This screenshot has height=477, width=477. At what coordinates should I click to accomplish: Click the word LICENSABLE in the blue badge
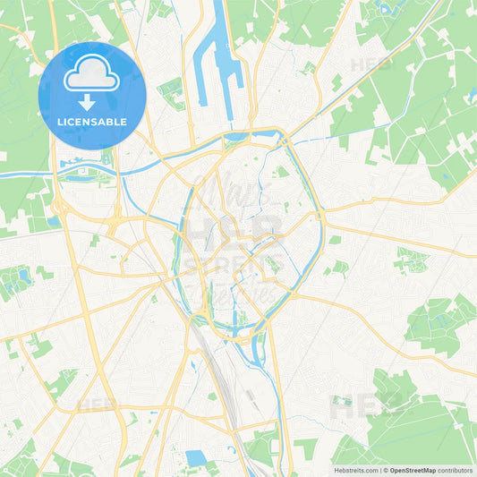point(92,122)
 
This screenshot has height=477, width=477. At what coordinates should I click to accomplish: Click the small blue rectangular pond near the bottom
point(196,458)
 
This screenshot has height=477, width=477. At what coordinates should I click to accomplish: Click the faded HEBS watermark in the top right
point(371,64)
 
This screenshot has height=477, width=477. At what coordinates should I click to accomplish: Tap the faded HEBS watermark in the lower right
point(354,409)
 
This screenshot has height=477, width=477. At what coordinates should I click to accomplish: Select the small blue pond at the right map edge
point(472,93)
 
